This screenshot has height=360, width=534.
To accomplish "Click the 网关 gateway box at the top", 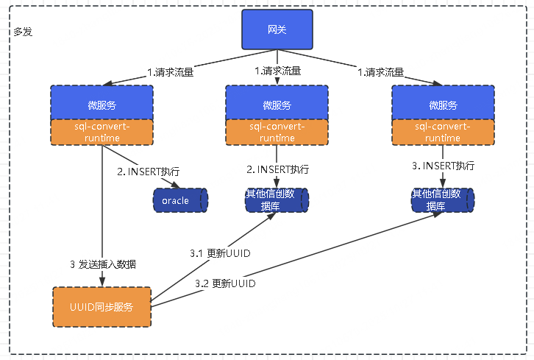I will [277, 29].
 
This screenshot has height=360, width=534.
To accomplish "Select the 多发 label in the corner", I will [23, 32].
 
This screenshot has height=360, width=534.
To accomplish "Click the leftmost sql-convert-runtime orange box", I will [102, 132].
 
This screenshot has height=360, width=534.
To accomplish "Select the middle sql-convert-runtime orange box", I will [277, 132].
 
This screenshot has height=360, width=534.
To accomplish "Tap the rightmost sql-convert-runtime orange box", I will [442, 132].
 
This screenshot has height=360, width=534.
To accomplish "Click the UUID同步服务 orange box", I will [102, 306].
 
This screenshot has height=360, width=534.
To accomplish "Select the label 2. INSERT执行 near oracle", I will [148, 172].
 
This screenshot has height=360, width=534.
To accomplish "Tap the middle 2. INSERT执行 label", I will [277, 169].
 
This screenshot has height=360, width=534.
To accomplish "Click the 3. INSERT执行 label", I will [443, 166].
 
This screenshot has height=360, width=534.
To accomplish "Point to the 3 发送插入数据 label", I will [102, 264].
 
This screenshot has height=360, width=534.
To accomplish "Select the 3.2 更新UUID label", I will [226, 283].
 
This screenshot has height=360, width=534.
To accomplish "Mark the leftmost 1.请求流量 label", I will [171, 72].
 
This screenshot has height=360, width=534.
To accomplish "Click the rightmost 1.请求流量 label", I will [381, 72].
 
